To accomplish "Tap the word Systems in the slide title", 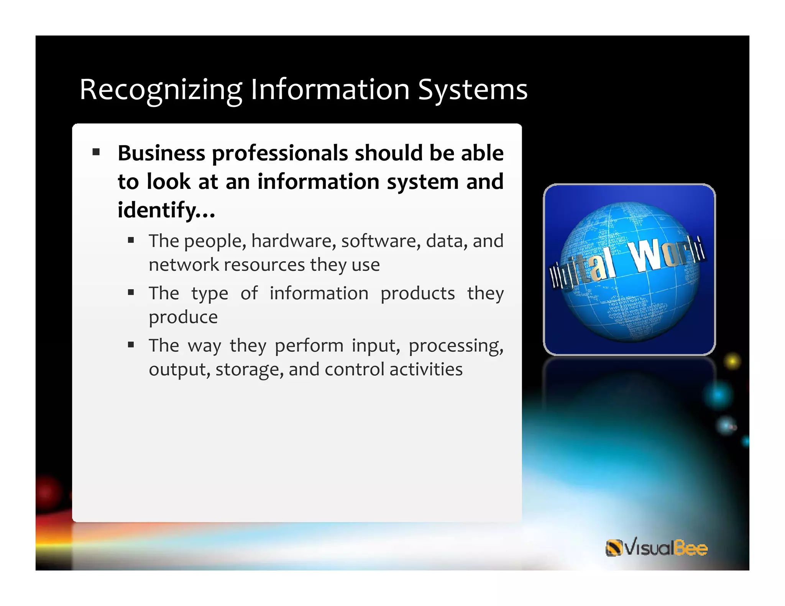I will coord(473,90).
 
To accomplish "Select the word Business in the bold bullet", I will coord(161,153).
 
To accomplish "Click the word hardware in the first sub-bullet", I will coord(293,241).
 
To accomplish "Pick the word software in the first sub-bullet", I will coord(381,241).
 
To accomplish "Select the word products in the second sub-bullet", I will coord(417,294).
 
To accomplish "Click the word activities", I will coord(426,370).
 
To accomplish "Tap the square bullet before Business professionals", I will coord(96,152).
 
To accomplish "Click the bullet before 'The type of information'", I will coord(131,293).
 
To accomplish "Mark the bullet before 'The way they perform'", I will coord(131,345).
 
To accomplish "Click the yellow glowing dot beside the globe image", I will coord(732,361).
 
